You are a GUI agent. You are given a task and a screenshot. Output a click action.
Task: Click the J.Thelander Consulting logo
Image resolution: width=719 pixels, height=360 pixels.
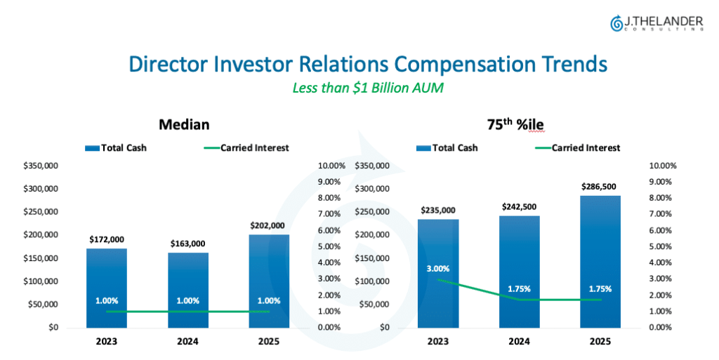tap(657, 23)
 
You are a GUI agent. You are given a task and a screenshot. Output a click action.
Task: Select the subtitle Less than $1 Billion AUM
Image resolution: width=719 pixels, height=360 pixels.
tap(368, 88)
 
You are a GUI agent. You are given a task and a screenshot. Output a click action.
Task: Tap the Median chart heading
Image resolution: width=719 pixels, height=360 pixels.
tap(184, 125)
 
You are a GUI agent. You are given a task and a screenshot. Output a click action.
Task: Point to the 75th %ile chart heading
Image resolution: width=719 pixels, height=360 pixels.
tap(515, 124)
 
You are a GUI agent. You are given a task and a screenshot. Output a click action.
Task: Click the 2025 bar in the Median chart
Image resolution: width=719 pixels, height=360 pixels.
tap(269, 281)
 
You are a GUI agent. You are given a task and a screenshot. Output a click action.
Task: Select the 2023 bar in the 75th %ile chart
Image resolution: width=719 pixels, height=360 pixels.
tap(438, 274)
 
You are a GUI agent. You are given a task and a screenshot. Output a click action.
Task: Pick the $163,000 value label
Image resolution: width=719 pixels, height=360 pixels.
tap(188, 244)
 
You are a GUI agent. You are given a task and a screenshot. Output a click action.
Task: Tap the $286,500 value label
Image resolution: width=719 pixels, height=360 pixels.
tap(599, 187)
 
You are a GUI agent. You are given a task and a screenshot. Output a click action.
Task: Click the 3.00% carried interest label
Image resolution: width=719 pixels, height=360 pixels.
tap(438, 269)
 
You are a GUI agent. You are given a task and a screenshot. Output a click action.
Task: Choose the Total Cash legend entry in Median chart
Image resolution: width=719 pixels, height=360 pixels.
tap(116, 148)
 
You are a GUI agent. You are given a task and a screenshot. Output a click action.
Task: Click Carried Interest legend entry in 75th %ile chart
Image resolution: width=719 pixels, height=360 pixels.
tap(577, 148)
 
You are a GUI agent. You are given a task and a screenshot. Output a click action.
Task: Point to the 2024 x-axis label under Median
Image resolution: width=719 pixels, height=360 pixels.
tap(188, 342)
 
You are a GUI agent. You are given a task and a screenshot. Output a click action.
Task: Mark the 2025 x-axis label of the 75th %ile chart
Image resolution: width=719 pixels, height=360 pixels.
tap(600, 342)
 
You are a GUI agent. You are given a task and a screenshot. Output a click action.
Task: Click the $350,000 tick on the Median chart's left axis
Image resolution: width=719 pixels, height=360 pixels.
tap(41, 166)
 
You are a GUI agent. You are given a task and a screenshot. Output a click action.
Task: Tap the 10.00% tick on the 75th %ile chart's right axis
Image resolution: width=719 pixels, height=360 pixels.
tap(663, 166)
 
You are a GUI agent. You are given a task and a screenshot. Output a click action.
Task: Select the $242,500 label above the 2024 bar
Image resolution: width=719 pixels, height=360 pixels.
tap(519, 206)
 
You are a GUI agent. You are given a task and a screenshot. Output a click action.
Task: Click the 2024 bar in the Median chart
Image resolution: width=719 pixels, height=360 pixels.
tap(188, 291)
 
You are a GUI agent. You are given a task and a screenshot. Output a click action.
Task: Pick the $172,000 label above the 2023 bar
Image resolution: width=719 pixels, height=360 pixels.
tap(107, 239)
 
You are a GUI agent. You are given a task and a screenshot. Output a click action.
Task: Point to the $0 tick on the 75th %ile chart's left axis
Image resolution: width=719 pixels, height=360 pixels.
tap(384, 328)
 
